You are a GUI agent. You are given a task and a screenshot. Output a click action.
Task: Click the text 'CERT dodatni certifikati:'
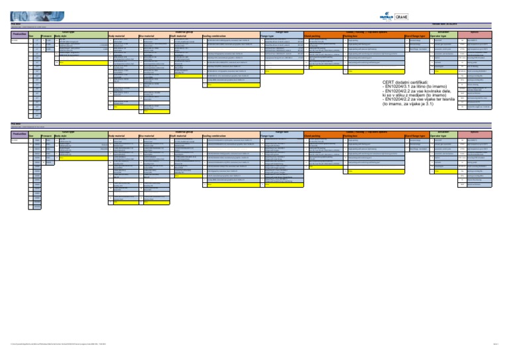(411, 84)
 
